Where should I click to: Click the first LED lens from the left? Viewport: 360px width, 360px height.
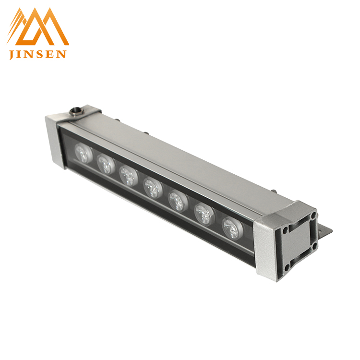pyautogui.click(x=84, y=153)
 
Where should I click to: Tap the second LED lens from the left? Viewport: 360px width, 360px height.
pyautogui.click(x=106, y=164)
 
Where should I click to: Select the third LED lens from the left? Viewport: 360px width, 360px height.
pyautogui.click(x=129, y=175)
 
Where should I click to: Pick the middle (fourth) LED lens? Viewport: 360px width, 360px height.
pyautogui.click(x=153, y=188)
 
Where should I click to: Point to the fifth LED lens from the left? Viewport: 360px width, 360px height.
pyautogui.click(x=178, y=201)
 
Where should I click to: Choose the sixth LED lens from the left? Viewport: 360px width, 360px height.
pyautogui.click(x=204, y=215)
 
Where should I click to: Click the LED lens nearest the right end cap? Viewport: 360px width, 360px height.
pyautogui.click(x=233, y=228)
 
